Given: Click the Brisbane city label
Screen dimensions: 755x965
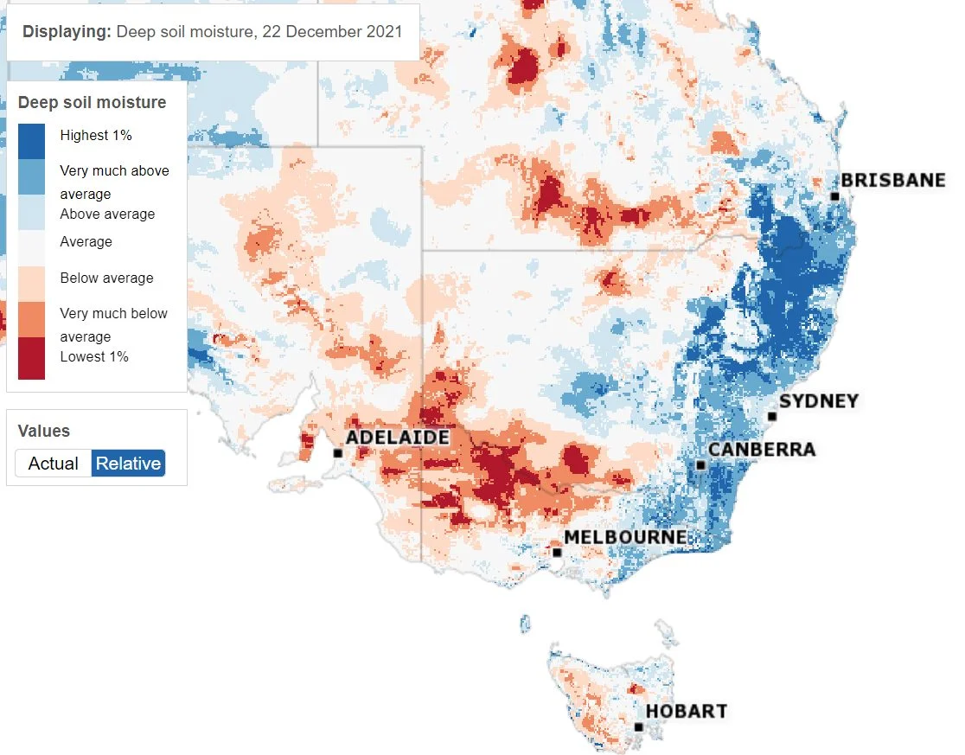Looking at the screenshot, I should click(892, 181).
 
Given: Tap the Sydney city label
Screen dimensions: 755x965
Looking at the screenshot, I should click(819, 401).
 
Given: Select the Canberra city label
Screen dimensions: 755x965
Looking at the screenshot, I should click(761, 450).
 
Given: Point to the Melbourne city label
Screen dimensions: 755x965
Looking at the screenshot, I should click(625, 537).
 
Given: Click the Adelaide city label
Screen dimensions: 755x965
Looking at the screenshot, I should click(398, 438).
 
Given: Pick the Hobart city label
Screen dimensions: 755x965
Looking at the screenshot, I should click(687, 712).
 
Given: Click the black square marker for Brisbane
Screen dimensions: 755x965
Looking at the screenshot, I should click(834, 197).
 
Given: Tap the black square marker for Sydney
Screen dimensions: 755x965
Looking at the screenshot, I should click(772, 417).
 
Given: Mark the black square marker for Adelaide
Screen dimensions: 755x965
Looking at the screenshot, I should click(337, 453).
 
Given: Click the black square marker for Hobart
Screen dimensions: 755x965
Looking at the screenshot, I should click(638, 727).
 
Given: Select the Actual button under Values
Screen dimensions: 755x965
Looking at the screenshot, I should click(54, 464).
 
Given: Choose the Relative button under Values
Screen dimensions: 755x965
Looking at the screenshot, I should click(128, 464).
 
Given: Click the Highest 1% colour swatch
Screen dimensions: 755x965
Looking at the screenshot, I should click(31, 142).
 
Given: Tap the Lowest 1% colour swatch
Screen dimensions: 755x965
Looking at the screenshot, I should click(31, 358).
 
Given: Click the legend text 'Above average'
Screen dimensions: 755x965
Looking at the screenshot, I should click(107, 214).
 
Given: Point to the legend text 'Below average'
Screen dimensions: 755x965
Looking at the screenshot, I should click(106, 278).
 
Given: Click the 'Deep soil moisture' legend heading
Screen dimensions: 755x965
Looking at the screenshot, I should click(92, 103).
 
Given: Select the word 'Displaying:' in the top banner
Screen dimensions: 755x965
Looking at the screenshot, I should click(67, 32).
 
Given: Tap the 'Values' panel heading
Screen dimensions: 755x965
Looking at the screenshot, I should click(44, 431).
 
